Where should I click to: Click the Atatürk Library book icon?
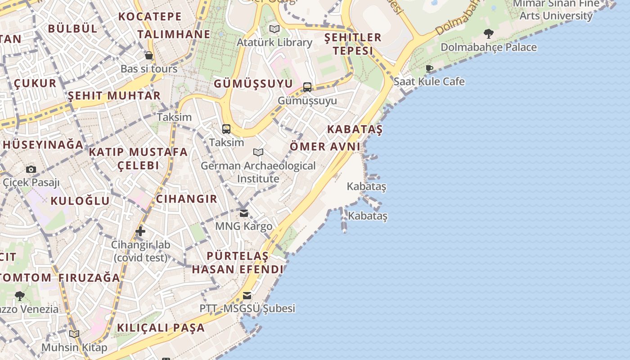(274, 29)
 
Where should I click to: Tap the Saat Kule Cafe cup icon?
(429, 68)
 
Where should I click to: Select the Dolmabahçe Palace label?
(488, 47)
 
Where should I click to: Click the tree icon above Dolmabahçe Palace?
(488, 34)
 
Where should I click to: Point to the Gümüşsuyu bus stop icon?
(307, 87)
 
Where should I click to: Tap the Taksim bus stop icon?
(226, 129)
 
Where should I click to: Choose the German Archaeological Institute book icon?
(258, 153)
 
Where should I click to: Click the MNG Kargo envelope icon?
(244, 213)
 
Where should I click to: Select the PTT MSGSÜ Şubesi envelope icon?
(247, 296)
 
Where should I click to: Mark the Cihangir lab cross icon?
(140, 231)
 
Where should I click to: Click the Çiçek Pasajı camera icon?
(31, 170)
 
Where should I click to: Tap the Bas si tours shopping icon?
(149, 56)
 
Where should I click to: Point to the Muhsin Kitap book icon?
(74, 334)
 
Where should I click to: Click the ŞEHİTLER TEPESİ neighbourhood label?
(353, 44)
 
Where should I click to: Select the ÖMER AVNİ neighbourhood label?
(325, 147)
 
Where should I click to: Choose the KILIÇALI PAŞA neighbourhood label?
(161, 328)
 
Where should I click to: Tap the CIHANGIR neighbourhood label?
(186, 199)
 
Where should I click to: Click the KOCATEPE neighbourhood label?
(150, 17)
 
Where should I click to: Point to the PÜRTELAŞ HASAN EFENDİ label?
(238, 263)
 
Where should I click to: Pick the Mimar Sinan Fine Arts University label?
(556, 10)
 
